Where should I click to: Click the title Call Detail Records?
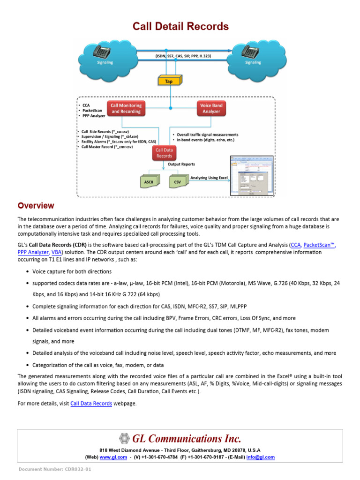point(180,26)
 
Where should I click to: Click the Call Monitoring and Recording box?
point(126,109)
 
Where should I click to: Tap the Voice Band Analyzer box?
point(211,109)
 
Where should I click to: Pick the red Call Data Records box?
point(164,153)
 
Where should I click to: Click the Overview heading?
point(36,206)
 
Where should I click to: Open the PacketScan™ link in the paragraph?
point(320,245)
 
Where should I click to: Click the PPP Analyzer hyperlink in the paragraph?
point(33,252)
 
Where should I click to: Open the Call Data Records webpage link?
point(91,403)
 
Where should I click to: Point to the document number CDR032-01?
point(55,469)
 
